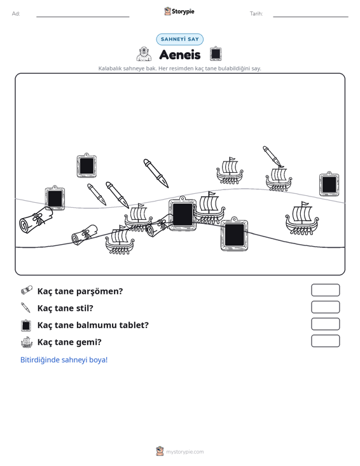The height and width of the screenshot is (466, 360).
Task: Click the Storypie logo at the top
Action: [x=179, y=11]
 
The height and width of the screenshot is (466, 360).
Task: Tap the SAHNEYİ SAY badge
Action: [x=180, y=39]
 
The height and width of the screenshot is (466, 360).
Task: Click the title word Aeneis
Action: [x=180, y=55]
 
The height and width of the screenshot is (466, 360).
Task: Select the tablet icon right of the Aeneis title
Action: [x=216, y=54]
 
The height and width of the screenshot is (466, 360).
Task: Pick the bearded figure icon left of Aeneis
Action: [x=144, y=54]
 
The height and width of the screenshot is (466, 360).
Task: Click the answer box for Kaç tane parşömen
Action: [x=325, y=290]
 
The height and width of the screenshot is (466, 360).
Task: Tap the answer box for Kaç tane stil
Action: [x=325, y=307]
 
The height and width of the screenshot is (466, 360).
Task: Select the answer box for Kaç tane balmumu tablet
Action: [x=325, y=324]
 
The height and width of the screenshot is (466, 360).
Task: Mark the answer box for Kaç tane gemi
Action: [x=325, y=341]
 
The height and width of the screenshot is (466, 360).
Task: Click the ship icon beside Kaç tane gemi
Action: [x=27, y=342]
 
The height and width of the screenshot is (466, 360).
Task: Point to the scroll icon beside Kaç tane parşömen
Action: [x=27, y=291]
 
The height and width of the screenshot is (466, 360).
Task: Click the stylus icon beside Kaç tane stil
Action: [x=25, y=308]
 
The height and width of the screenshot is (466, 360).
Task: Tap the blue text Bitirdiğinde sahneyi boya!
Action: [x=64, y=360]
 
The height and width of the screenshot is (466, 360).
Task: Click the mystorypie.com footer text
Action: [x=184, y=452]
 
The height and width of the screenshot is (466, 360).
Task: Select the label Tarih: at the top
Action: [x=256, y=14]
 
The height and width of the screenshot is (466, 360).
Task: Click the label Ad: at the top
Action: [x=16, y=14]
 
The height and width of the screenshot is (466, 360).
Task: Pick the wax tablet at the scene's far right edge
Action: [x=329, y=184]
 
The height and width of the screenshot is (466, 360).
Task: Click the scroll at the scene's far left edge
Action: [x=36, y=220]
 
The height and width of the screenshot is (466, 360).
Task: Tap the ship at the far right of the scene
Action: [x=301, y=219]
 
